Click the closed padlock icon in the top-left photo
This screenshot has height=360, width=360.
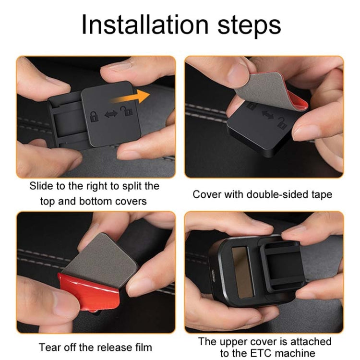pyautogui.click(x=93, y=116)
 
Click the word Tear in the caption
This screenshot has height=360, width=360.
pyautogui.click(x=48, y=347)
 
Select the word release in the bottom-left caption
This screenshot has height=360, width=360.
pyautogui.click(x=114, y=347)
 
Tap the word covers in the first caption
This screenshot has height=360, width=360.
pyautogui.click(x=131, y=201)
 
